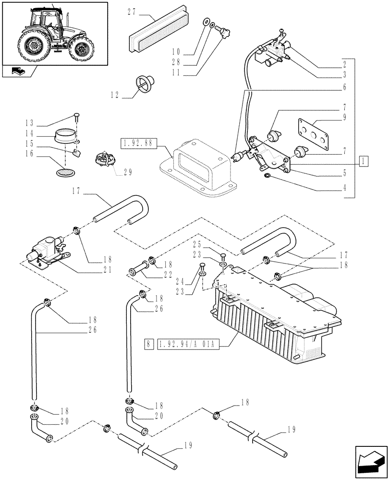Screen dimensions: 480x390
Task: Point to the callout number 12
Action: tap(115, 95)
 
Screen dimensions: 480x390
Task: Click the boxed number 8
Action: tap(149, 344)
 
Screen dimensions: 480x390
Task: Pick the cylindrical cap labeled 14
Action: tap(64, 136)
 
